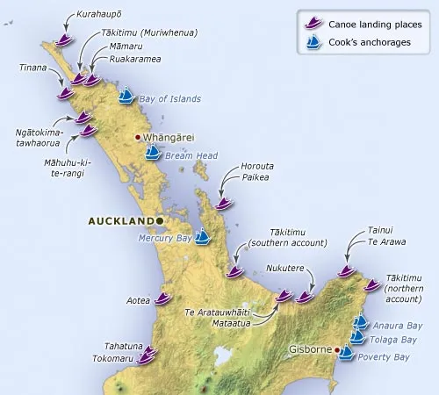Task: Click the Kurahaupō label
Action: [x=99, y=16]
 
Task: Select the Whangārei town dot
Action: [x=138, y=138]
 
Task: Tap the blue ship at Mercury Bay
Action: [x=202, y=235]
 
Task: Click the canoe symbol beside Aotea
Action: [x=162, y=298]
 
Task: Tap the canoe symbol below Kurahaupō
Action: [x=63, y=39]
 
